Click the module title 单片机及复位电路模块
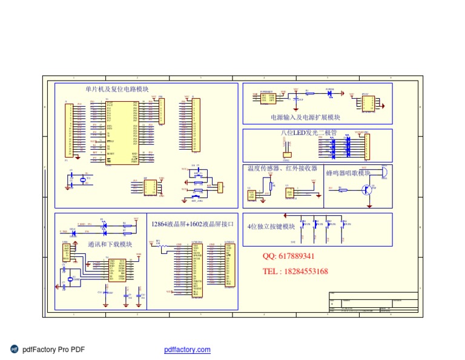click(117, 89)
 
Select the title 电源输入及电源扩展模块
click(305, 118)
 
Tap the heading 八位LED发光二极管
click(309, 132)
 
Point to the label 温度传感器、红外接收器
click(282, 168)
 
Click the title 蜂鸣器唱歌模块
click(348, 173)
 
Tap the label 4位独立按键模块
click(271, 227)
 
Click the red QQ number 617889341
click(288, 256)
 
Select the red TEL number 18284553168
click(295, 271)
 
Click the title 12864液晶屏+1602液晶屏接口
click(193, 225)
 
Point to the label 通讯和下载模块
click(110, 245)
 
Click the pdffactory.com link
click(187, 350)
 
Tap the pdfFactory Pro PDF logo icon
click(15, 349)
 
